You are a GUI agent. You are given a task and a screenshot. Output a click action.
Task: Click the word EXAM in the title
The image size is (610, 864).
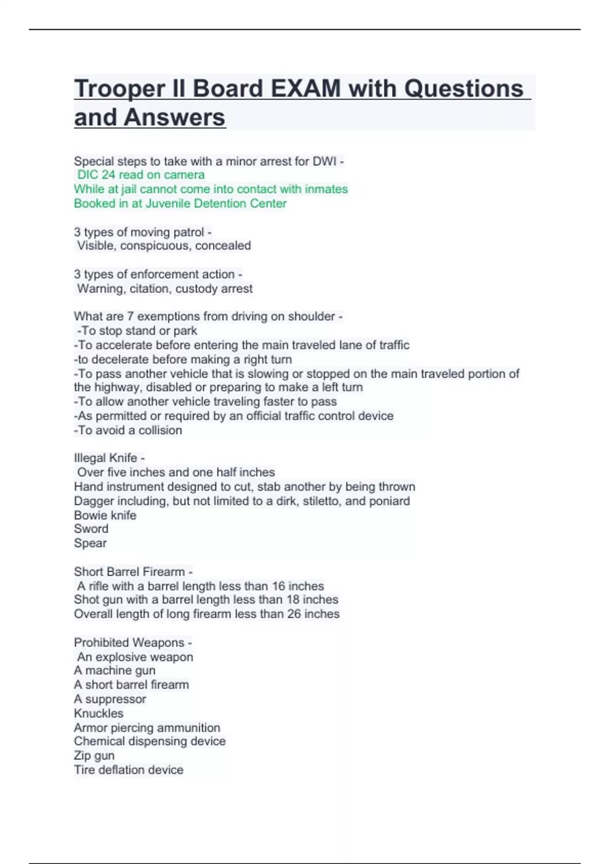click(x=306, y=88)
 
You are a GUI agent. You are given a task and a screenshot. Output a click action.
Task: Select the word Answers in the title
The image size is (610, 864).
click(x=174, y=117)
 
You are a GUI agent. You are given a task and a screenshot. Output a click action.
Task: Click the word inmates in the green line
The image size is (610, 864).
click(x=326, y=189)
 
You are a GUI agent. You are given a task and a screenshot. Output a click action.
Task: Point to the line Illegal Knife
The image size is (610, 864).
click(x=109, y=458)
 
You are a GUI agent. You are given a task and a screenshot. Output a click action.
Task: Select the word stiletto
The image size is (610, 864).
click(x=322, y=501)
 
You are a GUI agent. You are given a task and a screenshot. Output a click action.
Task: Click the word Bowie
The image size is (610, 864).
click(x=89, y=515)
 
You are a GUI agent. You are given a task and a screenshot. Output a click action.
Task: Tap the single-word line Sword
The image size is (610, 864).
click(x=91, y=529)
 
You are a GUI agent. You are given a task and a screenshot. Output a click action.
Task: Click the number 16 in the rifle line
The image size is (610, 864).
click(x=279, y=586)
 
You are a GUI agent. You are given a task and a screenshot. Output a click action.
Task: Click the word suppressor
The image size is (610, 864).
click(x=115, y=699)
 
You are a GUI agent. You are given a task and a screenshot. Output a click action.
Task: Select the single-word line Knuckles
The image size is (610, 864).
click(x=99, y=713)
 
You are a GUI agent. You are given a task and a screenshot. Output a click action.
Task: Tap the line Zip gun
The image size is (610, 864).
click(x=94, y=756)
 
